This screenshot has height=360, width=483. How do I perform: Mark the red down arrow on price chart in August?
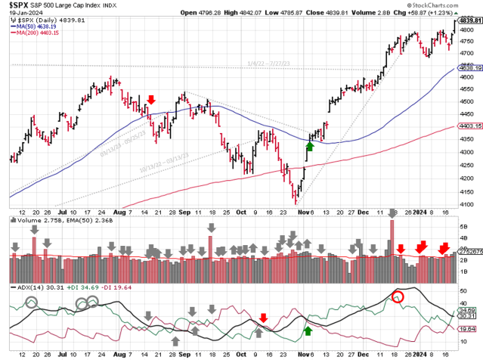click(x=152, y=99)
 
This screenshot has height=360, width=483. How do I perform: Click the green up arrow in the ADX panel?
click(x=308, y=330)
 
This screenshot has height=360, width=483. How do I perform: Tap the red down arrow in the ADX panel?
click(x=263, y=318)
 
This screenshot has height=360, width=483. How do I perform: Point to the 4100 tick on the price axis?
click(x=469, y=204)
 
